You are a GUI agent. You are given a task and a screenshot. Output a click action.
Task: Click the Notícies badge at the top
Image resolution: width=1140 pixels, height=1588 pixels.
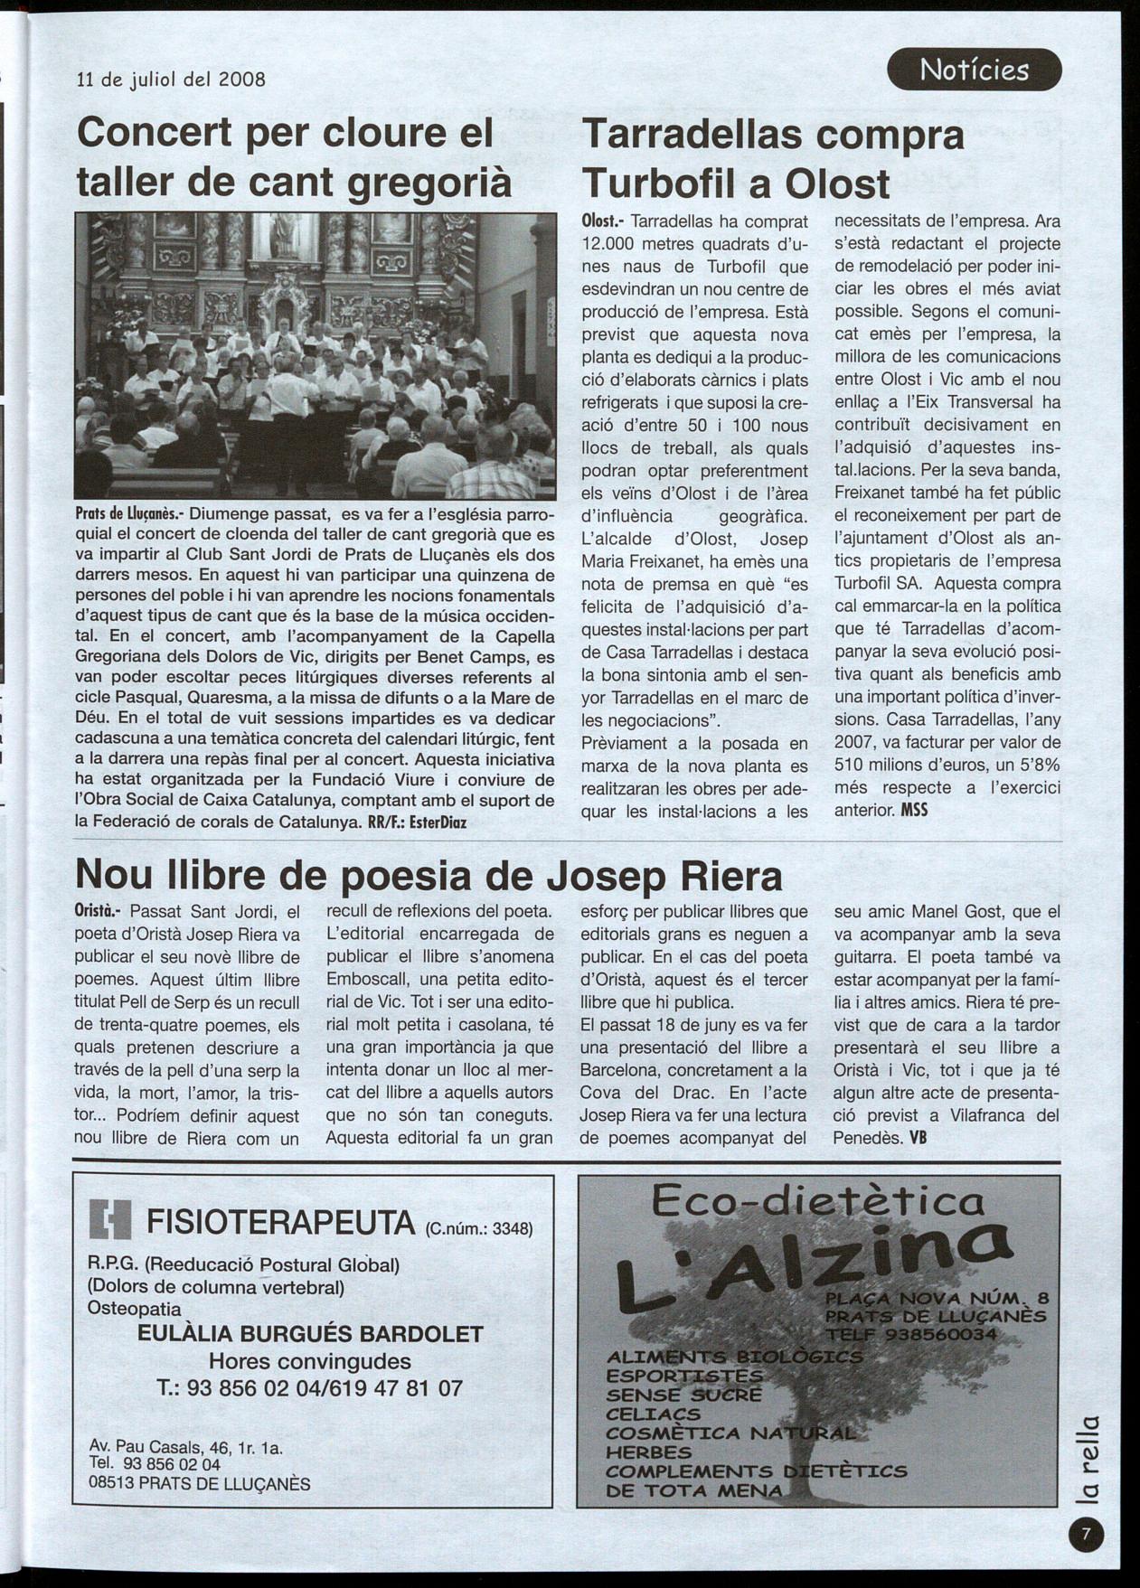click(x=974, y=70)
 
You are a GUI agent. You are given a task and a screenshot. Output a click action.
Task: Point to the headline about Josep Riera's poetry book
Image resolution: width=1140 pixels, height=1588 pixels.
click(x=429, y=874)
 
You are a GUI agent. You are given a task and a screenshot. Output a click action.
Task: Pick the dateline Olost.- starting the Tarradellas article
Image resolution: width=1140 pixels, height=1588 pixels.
click(x=603, y=221)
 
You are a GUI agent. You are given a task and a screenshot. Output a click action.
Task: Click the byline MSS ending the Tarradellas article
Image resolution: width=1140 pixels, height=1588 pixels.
click(x=914, y=810)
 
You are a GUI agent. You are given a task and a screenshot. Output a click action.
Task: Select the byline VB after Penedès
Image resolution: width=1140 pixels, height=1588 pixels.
click(x=919, y=1138)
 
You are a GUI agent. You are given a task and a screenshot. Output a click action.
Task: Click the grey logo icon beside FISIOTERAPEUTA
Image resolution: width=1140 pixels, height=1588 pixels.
click(x=110, y=1220)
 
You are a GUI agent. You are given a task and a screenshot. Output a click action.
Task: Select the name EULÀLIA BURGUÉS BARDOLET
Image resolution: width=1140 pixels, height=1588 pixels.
click(x=310, y=1334)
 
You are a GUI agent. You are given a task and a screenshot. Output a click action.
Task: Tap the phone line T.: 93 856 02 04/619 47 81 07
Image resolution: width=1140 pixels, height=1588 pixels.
click(x=309, y=1387)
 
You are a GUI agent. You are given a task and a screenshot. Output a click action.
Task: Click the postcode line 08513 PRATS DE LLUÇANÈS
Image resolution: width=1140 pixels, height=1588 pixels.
click(x=200, y=1483)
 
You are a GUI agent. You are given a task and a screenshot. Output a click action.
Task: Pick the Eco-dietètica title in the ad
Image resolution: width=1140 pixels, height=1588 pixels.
click(x=816, y=1201)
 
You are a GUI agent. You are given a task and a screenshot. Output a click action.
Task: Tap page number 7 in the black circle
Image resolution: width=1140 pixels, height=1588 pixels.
click(x=1086, y=1533)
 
